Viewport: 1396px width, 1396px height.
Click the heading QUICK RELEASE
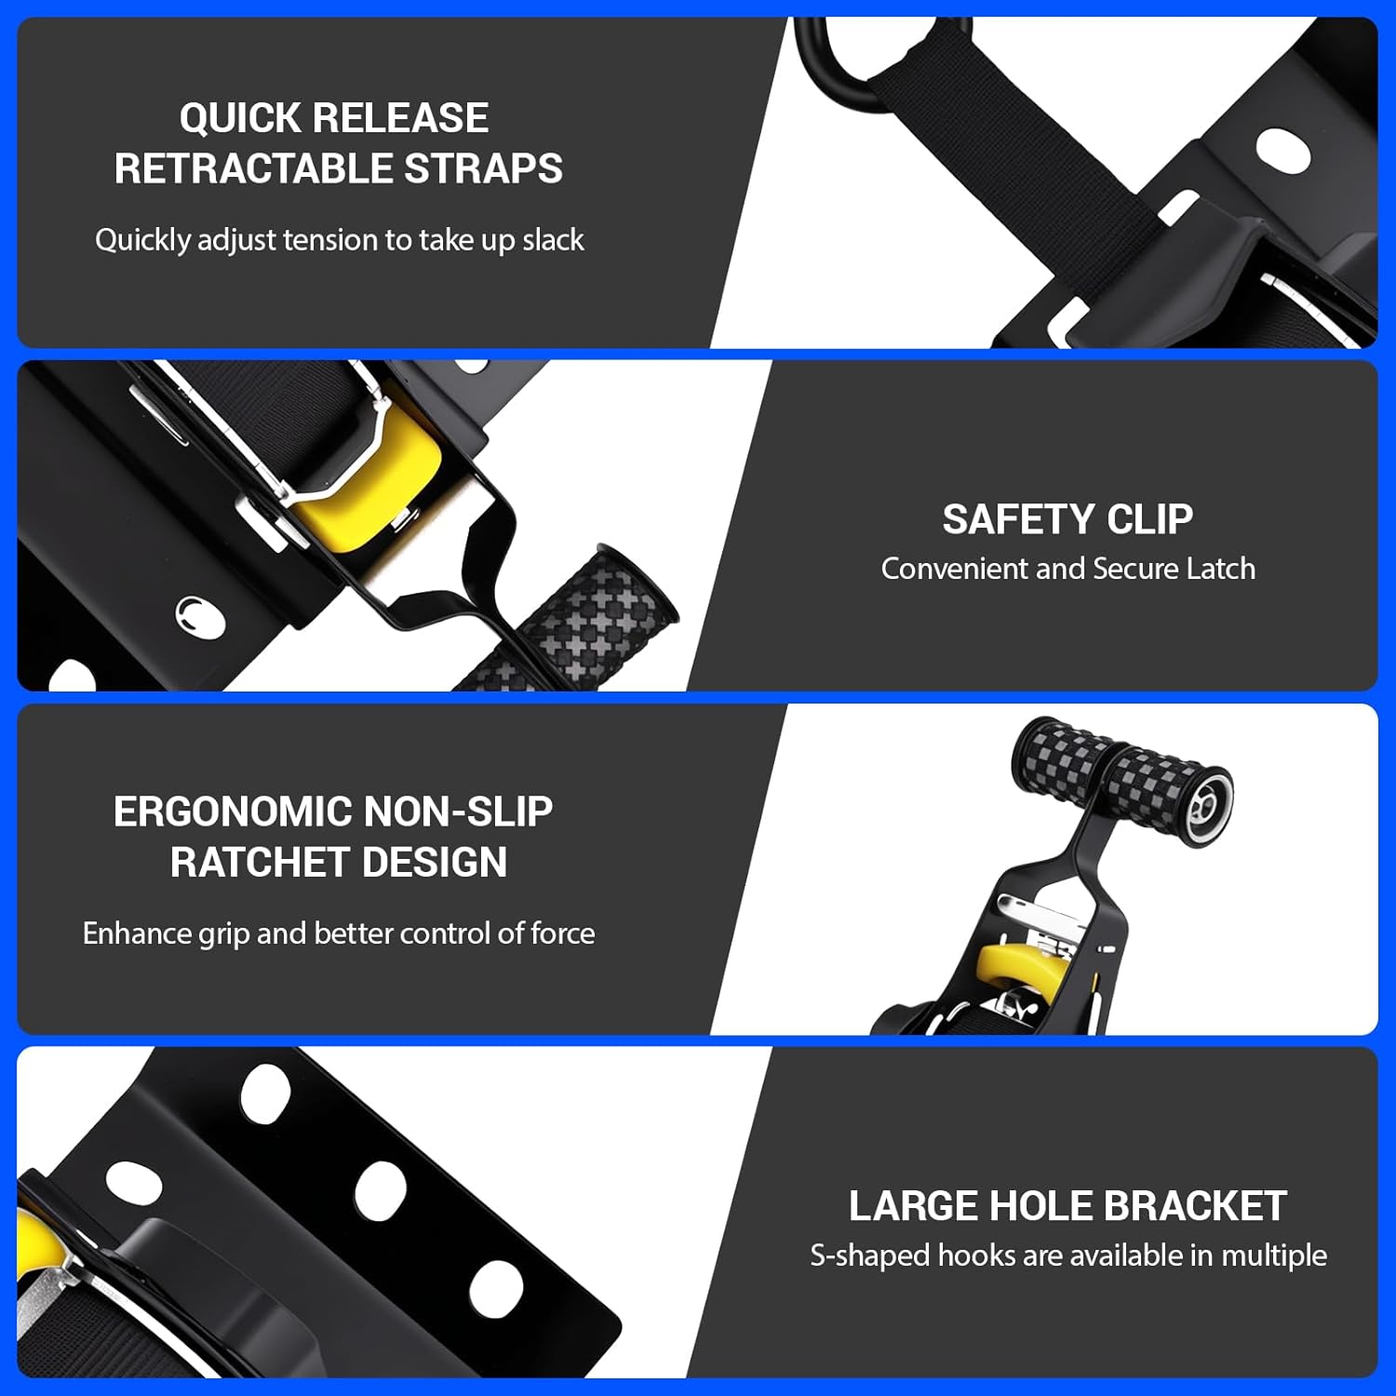click(x=333, y=118)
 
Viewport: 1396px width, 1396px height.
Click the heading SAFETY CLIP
click(x=1067, y=519)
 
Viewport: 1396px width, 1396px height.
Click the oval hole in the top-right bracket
click(x=1283, y=149)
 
